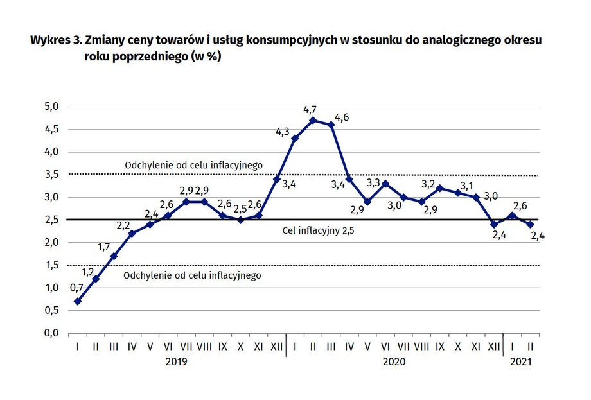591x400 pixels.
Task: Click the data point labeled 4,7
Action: point(313,120)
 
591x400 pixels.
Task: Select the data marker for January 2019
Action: point(78,301)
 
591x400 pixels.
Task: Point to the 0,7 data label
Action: point(76,289)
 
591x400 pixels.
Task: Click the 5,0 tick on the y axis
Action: point(51,107)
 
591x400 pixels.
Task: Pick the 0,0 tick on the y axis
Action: point(51,333)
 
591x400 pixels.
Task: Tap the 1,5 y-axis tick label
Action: point(51,265)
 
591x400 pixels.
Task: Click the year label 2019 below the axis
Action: point(177,362)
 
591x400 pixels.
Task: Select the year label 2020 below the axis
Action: point(394,362)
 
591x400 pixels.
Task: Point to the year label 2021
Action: point(521,362)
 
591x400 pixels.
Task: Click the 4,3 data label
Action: point(282,132)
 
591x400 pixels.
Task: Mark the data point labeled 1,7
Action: point(114,256)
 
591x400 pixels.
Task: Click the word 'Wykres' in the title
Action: point(49,40)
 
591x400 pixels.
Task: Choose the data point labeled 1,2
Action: point(96,279)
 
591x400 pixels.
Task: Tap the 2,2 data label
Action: point(123,225)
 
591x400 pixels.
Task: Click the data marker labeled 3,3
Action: point(385,184)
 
